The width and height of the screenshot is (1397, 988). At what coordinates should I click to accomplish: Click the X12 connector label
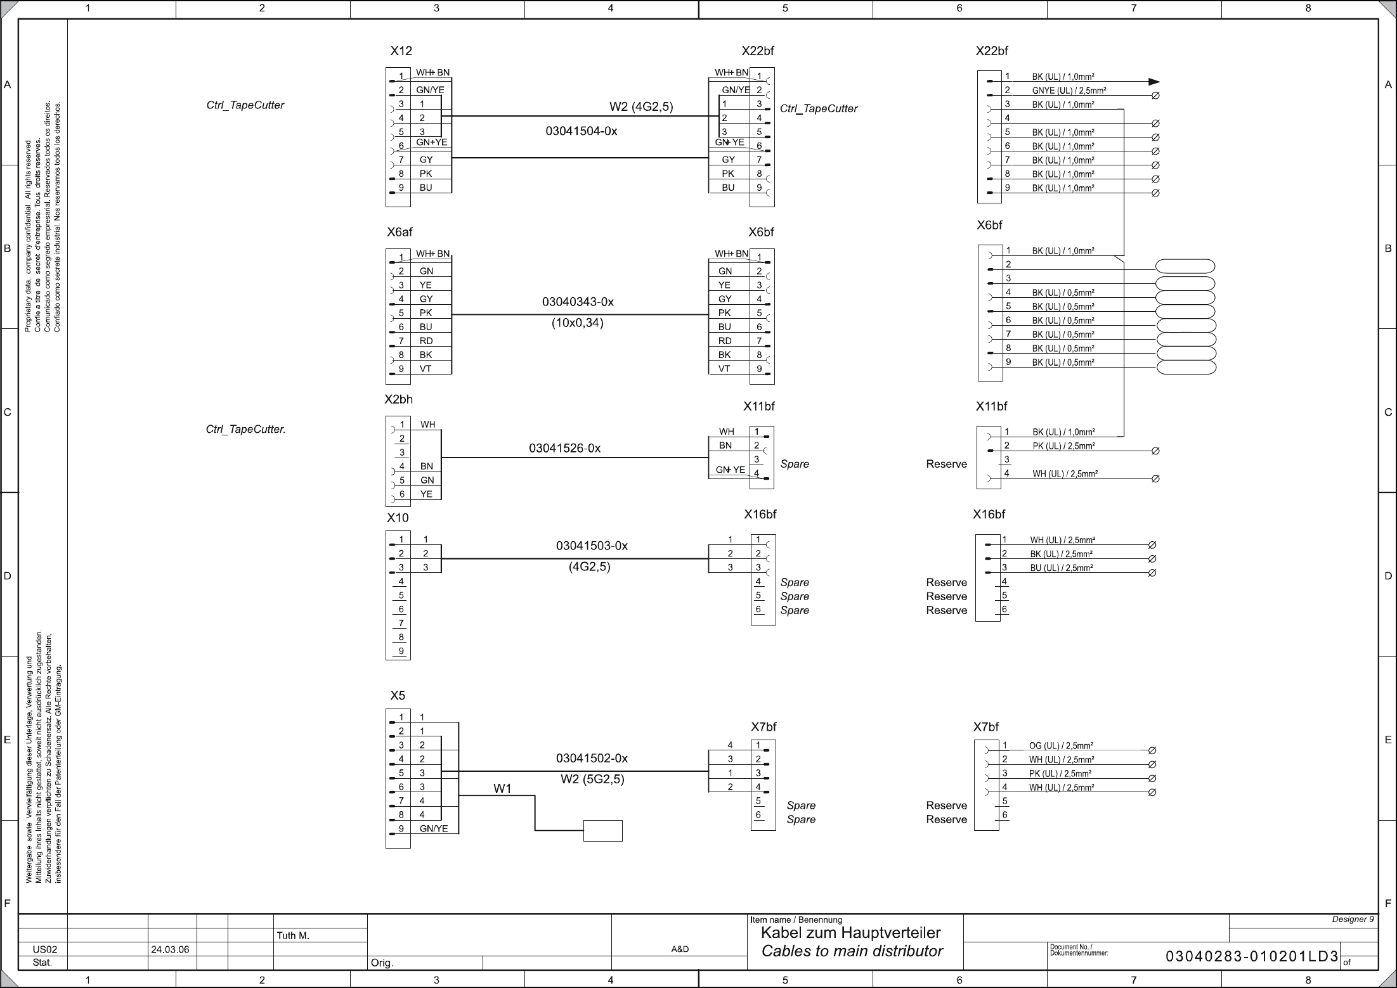(x=401, y=51)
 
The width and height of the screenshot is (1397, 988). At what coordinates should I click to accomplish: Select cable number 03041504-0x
(x=581, y=131)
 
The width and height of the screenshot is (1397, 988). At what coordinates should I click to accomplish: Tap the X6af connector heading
(x=400, y=232)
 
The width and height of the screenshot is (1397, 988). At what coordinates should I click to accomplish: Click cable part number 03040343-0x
(x=578, y=302)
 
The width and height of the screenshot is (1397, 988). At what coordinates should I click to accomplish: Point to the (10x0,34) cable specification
(x=577, y=323)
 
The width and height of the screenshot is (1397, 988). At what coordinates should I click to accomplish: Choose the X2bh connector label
(x=398, y=399)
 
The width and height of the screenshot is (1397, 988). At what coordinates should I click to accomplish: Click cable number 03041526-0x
(x=564, y=448)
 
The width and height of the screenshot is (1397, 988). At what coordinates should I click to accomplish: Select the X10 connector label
(x=398, y=518)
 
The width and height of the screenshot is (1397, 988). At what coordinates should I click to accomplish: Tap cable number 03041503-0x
(x=592, y=546)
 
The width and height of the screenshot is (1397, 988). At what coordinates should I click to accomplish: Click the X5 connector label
(x=397, y=695)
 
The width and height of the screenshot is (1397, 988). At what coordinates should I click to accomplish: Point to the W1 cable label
(x=502, y=788)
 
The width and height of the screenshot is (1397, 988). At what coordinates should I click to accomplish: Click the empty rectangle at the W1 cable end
(x=602, y=830)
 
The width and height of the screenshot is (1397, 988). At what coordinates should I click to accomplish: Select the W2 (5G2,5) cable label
(x=592, y=779)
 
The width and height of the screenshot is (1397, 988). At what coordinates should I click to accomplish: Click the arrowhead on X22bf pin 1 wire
(x=1153, y=82)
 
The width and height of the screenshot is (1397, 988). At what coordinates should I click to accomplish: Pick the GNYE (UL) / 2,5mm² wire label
(x=1069, y=91)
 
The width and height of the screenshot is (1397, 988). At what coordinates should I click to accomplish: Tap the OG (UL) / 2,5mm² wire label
(x=1060, y=746)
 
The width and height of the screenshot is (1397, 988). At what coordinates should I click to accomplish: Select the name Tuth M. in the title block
(x=292, y=935)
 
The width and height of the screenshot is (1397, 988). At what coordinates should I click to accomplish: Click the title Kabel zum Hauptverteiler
(x=850, y=933)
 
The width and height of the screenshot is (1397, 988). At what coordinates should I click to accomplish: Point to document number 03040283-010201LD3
(x=1252, y=957)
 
